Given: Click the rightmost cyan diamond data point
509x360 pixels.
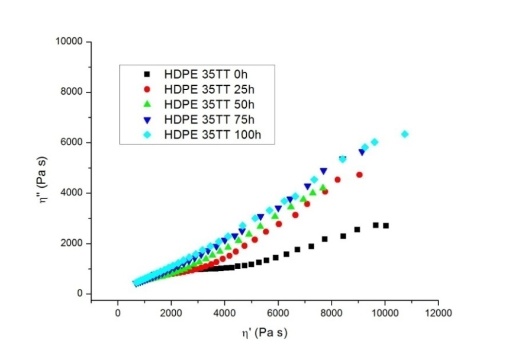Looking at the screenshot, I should [x=405, y=134].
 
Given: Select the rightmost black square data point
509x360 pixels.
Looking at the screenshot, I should [x=386, y=226].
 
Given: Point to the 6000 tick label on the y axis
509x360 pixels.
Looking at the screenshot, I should [x=73, y=143].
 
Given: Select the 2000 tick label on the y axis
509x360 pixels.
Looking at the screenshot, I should [x=73, y=243].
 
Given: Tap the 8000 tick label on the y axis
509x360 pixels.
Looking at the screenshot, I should [x=73, y=92].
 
